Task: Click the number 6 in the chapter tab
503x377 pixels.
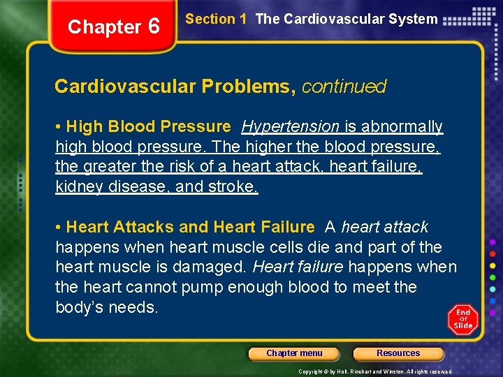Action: pyautogui.click(x=154, y=27)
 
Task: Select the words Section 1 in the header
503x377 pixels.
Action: pyautogui.click(x=216, y=20)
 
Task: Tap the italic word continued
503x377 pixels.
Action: pyautogui.click(x=344, y=87)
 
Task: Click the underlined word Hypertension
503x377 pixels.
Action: pyautogui.click(x=290, y=127)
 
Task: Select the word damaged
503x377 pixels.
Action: pyautogui.click(x=216, y=267)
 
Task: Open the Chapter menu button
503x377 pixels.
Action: pyautogui.click(x=294, y=353)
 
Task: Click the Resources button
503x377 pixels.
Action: pyautogui.click(x=398, y=353)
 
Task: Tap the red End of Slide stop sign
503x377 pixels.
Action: pyautogui.click(x=463, y=318)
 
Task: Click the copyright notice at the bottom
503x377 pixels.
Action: pyautogui.click(x=376, y=371)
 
